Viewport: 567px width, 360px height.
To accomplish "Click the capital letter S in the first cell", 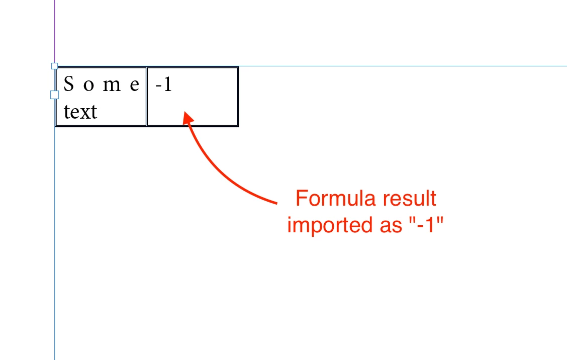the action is [x=69, y=84].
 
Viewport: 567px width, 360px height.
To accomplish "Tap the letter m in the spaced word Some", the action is [x=112, y=86].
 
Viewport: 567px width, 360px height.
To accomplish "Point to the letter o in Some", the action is [x=88, y=86].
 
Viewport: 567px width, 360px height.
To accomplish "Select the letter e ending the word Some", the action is [x=135, y=86].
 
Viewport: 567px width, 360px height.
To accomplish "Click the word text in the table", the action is [x=80, y=112].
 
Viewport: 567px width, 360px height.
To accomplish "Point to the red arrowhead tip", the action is [x=185, y=112].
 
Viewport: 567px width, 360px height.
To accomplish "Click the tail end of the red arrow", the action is [x=277, y=203].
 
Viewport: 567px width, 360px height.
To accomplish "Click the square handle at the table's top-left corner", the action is [x=55, y=66].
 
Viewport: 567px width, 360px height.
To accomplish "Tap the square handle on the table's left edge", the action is [x=54, y=95].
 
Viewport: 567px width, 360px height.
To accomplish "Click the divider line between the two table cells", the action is [x=146, y=97].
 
